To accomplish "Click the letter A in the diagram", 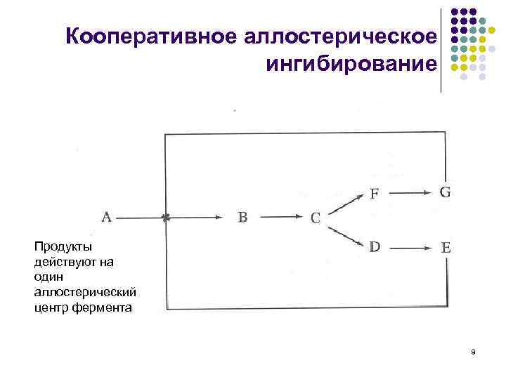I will click(107, 218).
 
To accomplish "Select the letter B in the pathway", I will click(242, 218).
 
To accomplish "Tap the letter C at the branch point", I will click(316, 218).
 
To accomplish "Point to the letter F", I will click(375, 194).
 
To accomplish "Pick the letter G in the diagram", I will click(445, 192).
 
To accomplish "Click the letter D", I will click(375, 246).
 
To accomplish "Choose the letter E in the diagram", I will click(446, 248).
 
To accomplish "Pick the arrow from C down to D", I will click(346, 236).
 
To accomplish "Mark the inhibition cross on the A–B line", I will click(166, 218).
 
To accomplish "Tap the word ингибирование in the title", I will click(351, 65).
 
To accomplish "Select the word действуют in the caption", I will click(63, 262).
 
